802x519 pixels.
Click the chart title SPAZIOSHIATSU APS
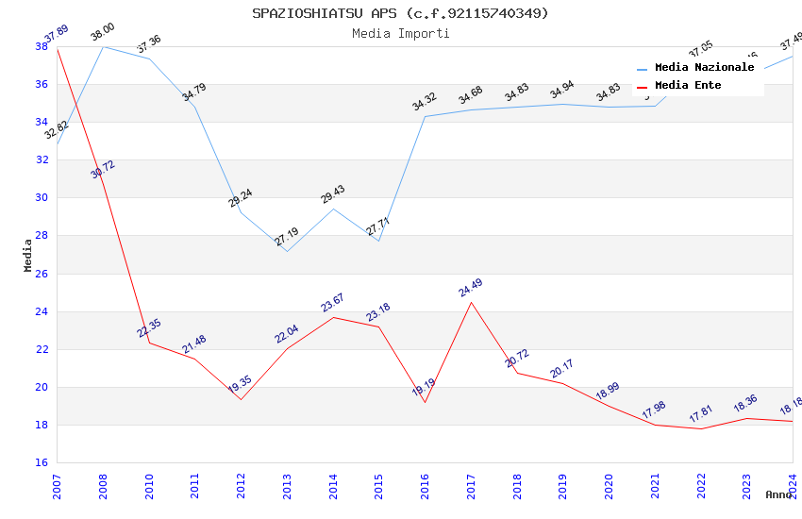(400, 13)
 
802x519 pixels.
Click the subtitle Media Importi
(400, 33)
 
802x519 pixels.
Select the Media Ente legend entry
(688, 85)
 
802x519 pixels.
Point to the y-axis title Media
(28, 255)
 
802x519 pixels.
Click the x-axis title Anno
(778, 494)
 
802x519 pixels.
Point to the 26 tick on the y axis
(42, 274)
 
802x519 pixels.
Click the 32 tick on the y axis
(42, 159)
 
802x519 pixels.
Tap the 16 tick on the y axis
(42, 462)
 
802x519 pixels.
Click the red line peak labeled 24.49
(471, 302)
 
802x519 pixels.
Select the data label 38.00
(102, 35)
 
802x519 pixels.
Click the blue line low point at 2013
(287, 251)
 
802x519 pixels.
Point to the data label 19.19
(424, 388)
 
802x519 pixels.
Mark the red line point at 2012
(241, 399)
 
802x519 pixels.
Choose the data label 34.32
(425, 102)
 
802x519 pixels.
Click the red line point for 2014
(333, 317)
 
